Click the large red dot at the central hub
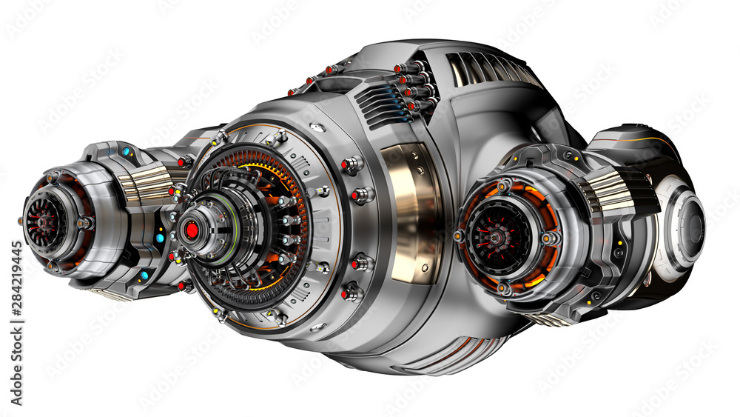(x=192, y=230)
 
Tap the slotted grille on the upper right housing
(x=491, y=70)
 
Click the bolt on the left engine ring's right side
(x=84, y=222)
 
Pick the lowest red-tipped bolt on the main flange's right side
(x=349, y=293)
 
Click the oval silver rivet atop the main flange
(x=317, y=128)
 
